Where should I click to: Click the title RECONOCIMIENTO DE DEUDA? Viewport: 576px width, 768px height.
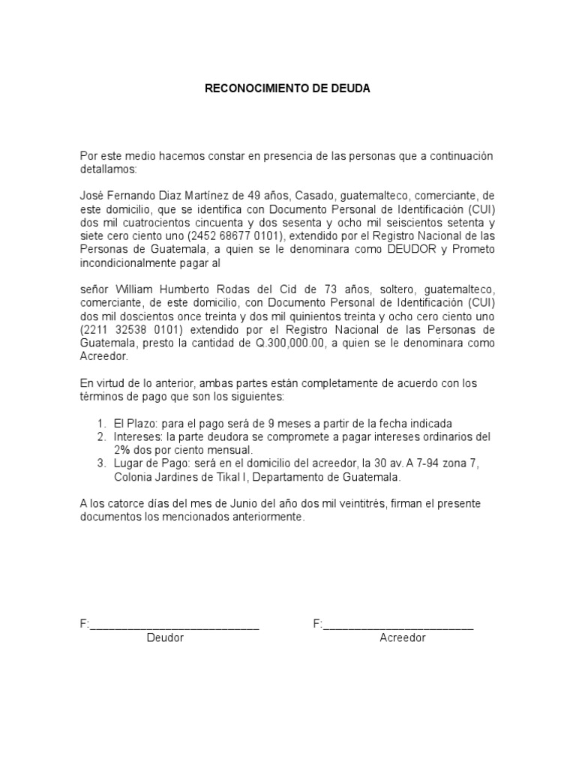288,88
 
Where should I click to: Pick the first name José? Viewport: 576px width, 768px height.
92,195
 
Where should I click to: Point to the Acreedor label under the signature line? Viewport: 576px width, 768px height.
403,638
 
